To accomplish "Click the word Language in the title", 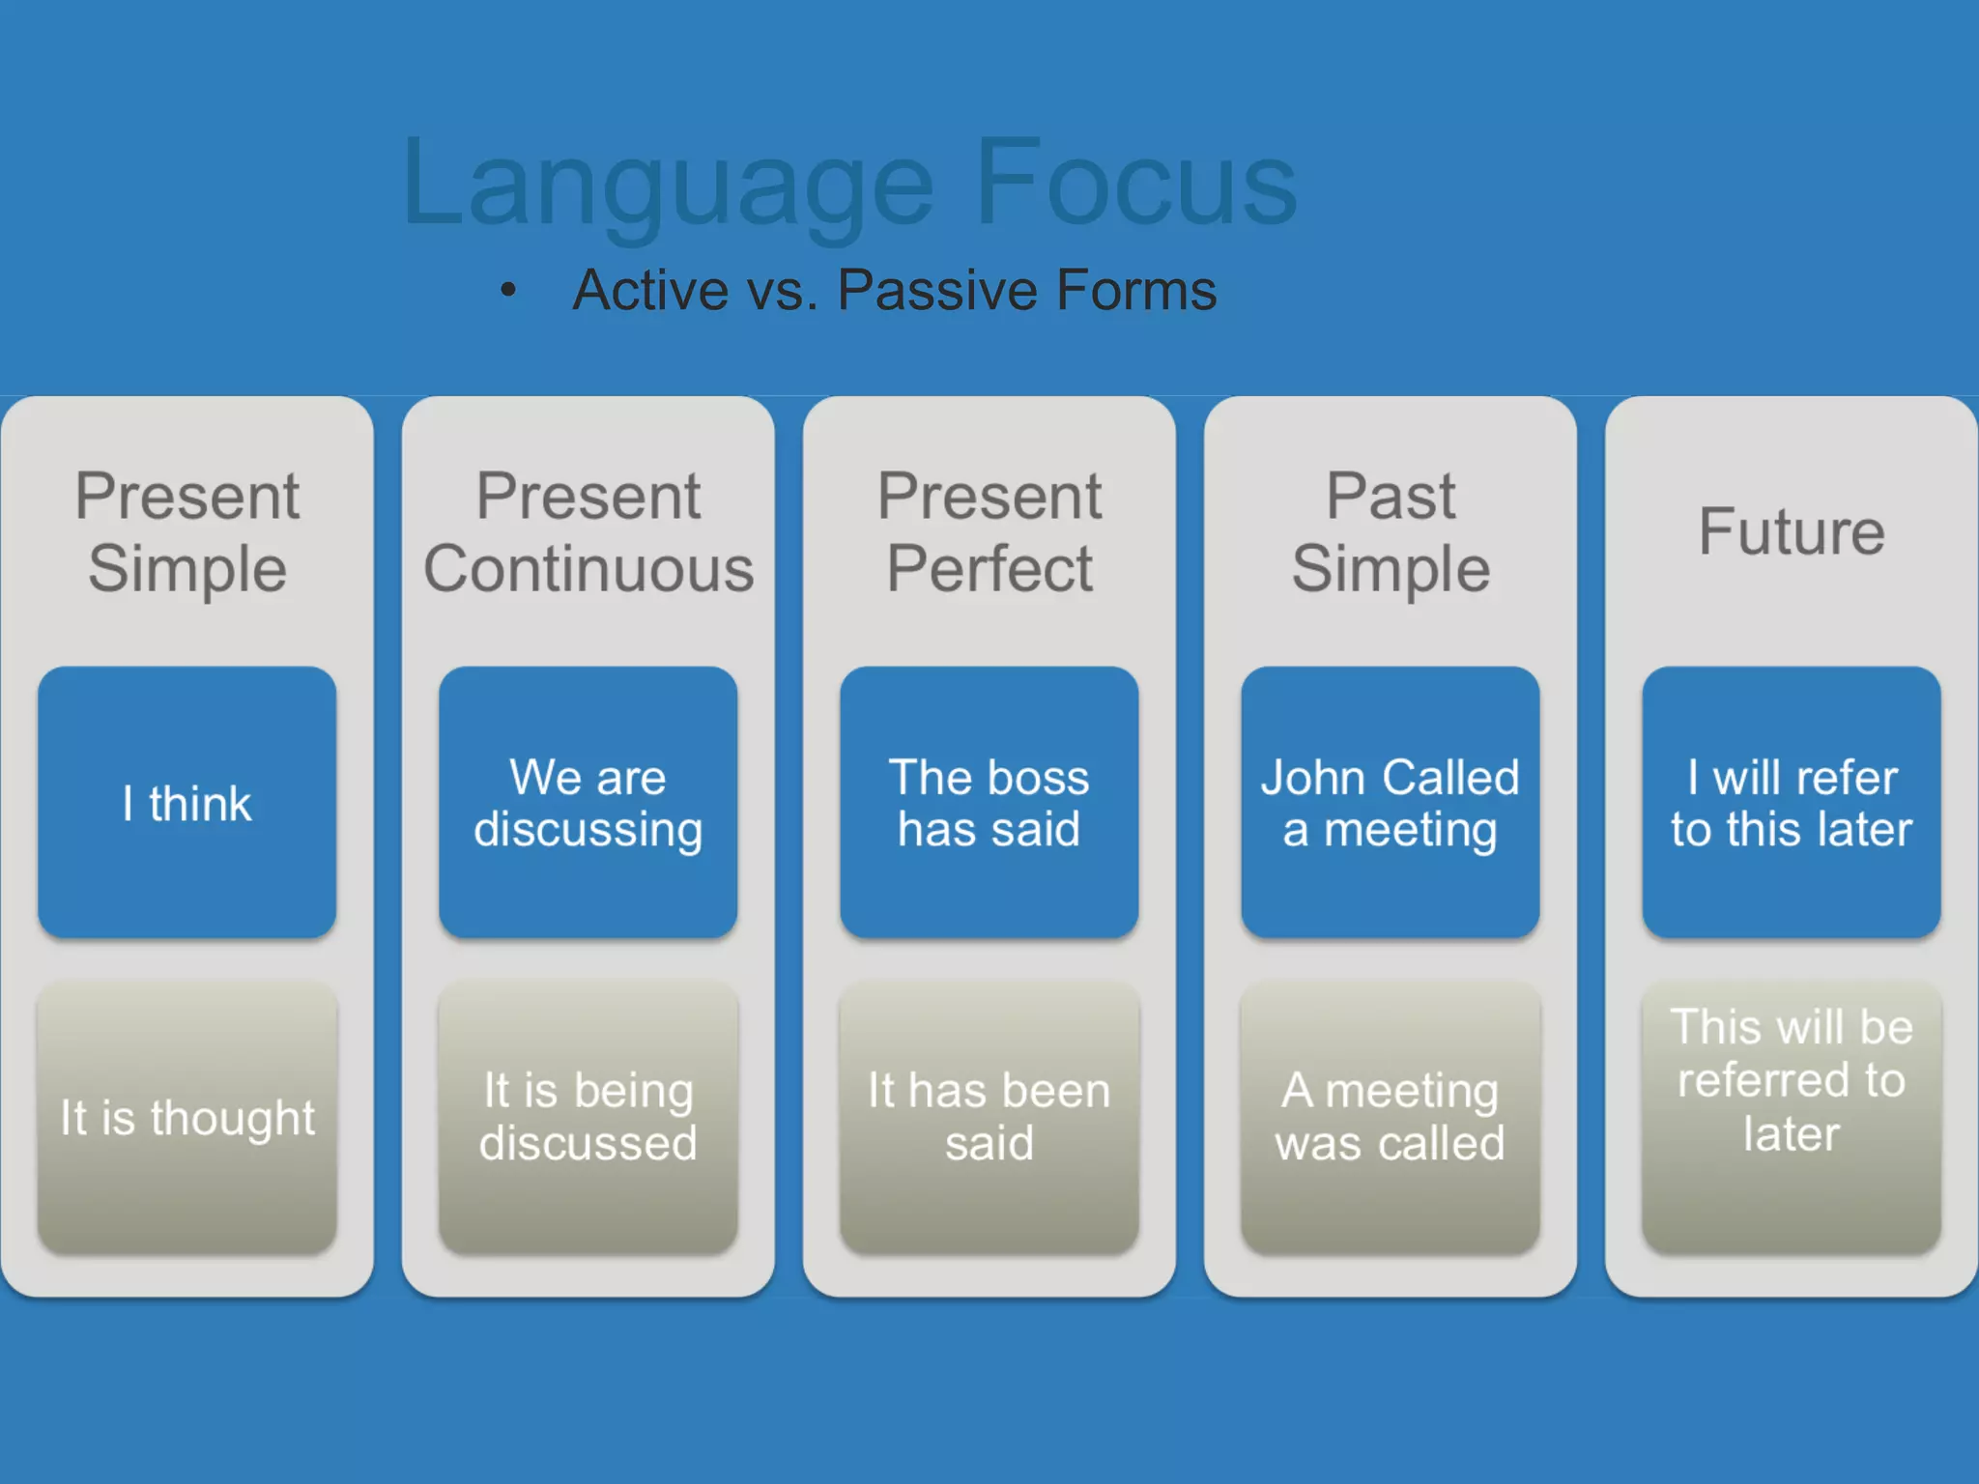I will coord(667,184).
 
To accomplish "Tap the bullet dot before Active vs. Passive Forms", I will coord(508,289).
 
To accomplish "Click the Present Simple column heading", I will coord(186,531).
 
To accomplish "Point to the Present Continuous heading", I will coord(588,531).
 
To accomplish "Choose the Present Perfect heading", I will coord(989,531).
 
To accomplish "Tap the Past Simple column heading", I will coord(1390,531).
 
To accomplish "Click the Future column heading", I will coord(1791,531).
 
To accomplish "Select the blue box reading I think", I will coord(186,802).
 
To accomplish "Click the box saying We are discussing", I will coord(588,802).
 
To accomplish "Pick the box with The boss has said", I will coord(989,802).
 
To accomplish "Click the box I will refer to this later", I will coord(1791,802).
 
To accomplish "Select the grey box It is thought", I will coord(186,1118).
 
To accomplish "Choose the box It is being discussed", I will coord(588,1118).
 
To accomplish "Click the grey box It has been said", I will coord(989,1118).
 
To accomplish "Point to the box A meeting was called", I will coord(1390,1118).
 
